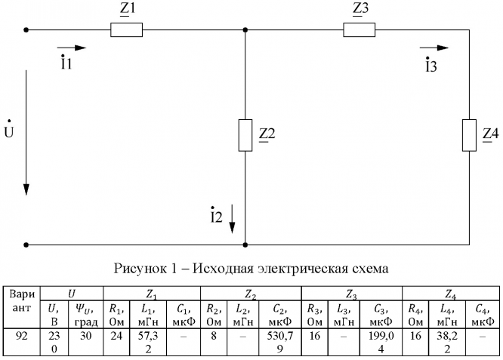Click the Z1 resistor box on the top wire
[x=126, y=31]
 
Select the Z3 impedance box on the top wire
[x=359, y=31]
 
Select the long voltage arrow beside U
[x=27, y=132]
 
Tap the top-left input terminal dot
[x=27, y=31]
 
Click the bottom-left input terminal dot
[x=27, y=245]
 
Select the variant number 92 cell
[x=22, y=334]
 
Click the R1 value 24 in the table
[x=115, y=334]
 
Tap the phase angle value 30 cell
[x=85, y=334]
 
